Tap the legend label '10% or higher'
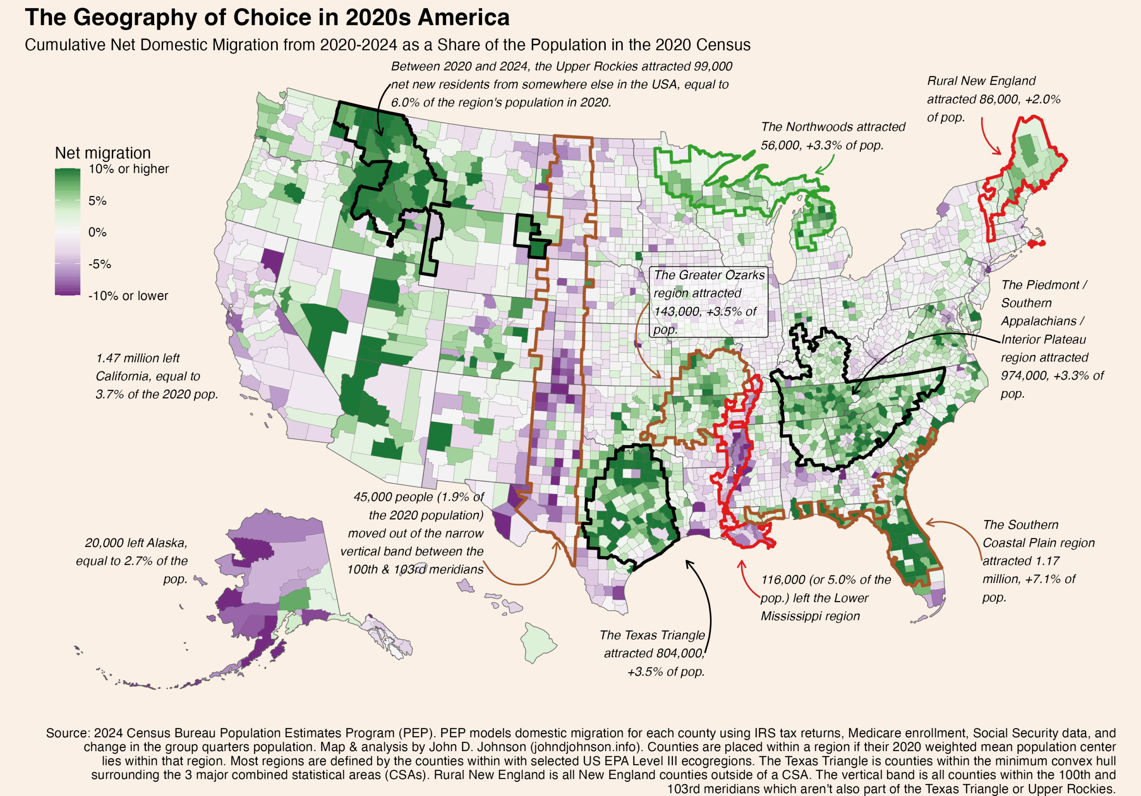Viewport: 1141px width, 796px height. click(128, 169)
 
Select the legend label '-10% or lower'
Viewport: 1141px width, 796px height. click(128, 295)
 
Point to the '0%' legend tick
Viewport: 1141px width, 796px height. click(98, 232)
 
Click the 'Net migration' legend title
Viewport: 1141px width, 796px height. click(103, 153)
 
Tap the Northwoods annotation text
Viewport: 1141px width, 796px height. click(833, 136)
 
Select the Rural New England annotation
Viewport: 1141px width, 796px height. click(993, 99)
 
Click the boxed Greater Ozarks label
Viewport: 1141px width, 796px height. click(708, 302)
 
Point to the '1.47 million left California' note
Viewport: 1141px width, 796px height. click(156, 376)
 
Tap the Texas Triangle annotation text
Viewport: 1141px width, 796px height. click(653, 653)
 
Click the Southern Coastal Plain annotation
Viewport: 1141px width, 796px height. click(1038, 561)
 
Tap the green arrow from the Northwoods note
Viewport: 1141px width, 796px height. click(827, 165)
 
